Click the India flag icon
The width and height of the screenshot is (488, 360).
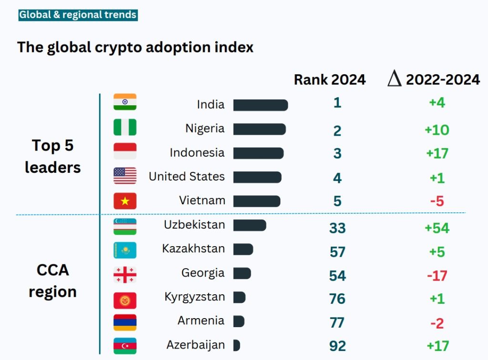point(125,102)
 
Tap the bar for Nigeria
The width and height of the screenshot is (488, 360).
point(259,129)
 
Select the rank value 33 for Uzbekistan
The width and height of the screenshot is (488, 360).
point(337,228)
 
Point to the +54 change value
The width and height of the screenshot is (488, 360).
point(437,228)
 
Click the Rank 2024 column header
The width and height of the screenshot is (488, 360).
point(329,80)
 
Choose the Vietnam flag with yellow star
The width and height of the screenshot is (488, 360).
point(125,201)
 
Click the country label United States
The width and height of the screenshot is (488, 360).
point(186,176)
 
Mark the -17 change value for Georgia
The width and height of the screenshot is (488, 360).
point(437,275)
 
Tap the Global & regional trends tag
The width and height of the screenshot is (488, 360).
point(78,15)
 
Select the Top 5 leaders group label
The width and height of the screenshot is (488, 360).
point(52,156)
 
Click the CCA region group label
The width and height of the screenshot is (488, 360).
point(52,281)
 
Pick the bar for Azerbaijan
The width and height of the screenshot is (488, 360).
point(236,345)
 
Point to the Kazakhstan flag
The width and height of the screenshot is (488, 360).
point(125,250)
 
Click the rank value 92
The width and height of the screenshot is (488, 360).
point(337,346)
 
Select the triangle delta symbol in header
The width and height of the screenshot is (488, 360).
point(395,79)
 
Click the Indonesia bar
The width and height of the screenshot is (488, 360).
point(258,153)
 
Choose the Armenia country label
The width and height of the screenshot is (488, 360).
point(201,321)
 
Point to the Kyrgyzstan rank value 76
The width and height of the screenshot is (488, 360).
point(337,299)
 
